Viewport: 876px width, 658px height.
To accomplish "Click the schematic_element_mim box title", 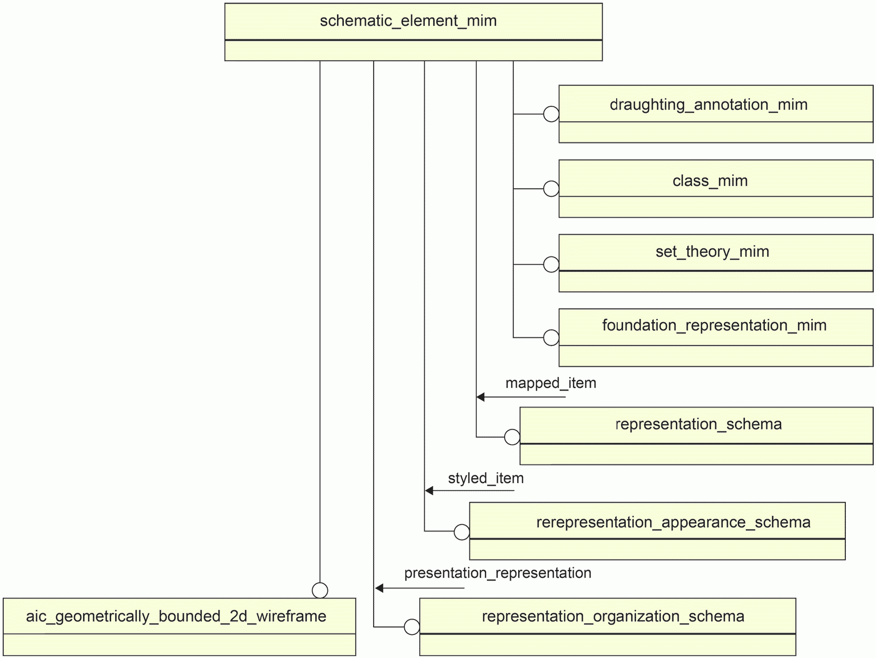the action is pos(408,21).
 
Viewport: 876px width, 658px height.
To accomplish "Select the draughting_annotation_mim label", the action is pos(708,105).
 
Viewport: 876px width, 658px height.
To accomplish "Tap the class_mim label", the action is pos(710,181).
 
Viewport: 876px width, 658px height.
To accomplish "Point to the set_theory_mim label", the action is pos(712,252).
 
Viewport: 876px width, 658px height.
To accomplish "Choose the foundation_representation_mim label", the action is pos(714,326).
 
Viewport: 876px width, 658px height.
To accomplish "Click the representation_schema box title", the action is pos(698,424).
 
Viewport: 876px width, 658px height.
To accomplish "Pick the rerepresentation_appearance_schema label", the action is pos(673,522).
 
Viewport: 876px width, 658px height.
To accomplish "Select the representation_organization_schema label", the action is pos(613,617).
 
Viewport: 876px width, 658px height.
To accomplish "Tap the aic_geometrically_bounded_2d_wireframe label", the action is pos(176,616).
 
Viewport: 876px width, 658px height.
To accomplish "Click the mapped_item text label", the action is pos(551,383).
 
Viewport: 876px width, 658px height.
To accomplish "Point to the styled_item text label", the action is pos(486,478).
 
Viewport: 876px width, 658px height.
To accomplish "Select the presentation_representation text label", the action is pos(497,573).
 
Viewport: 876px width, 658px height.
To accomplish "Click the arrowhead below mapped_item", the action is pos(481,397).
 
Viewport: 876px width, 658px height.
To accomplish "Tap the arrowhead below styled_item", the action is pos(429,491).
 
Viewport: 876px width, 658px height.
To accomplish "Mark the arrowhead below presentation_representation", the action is pos(379,588).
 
